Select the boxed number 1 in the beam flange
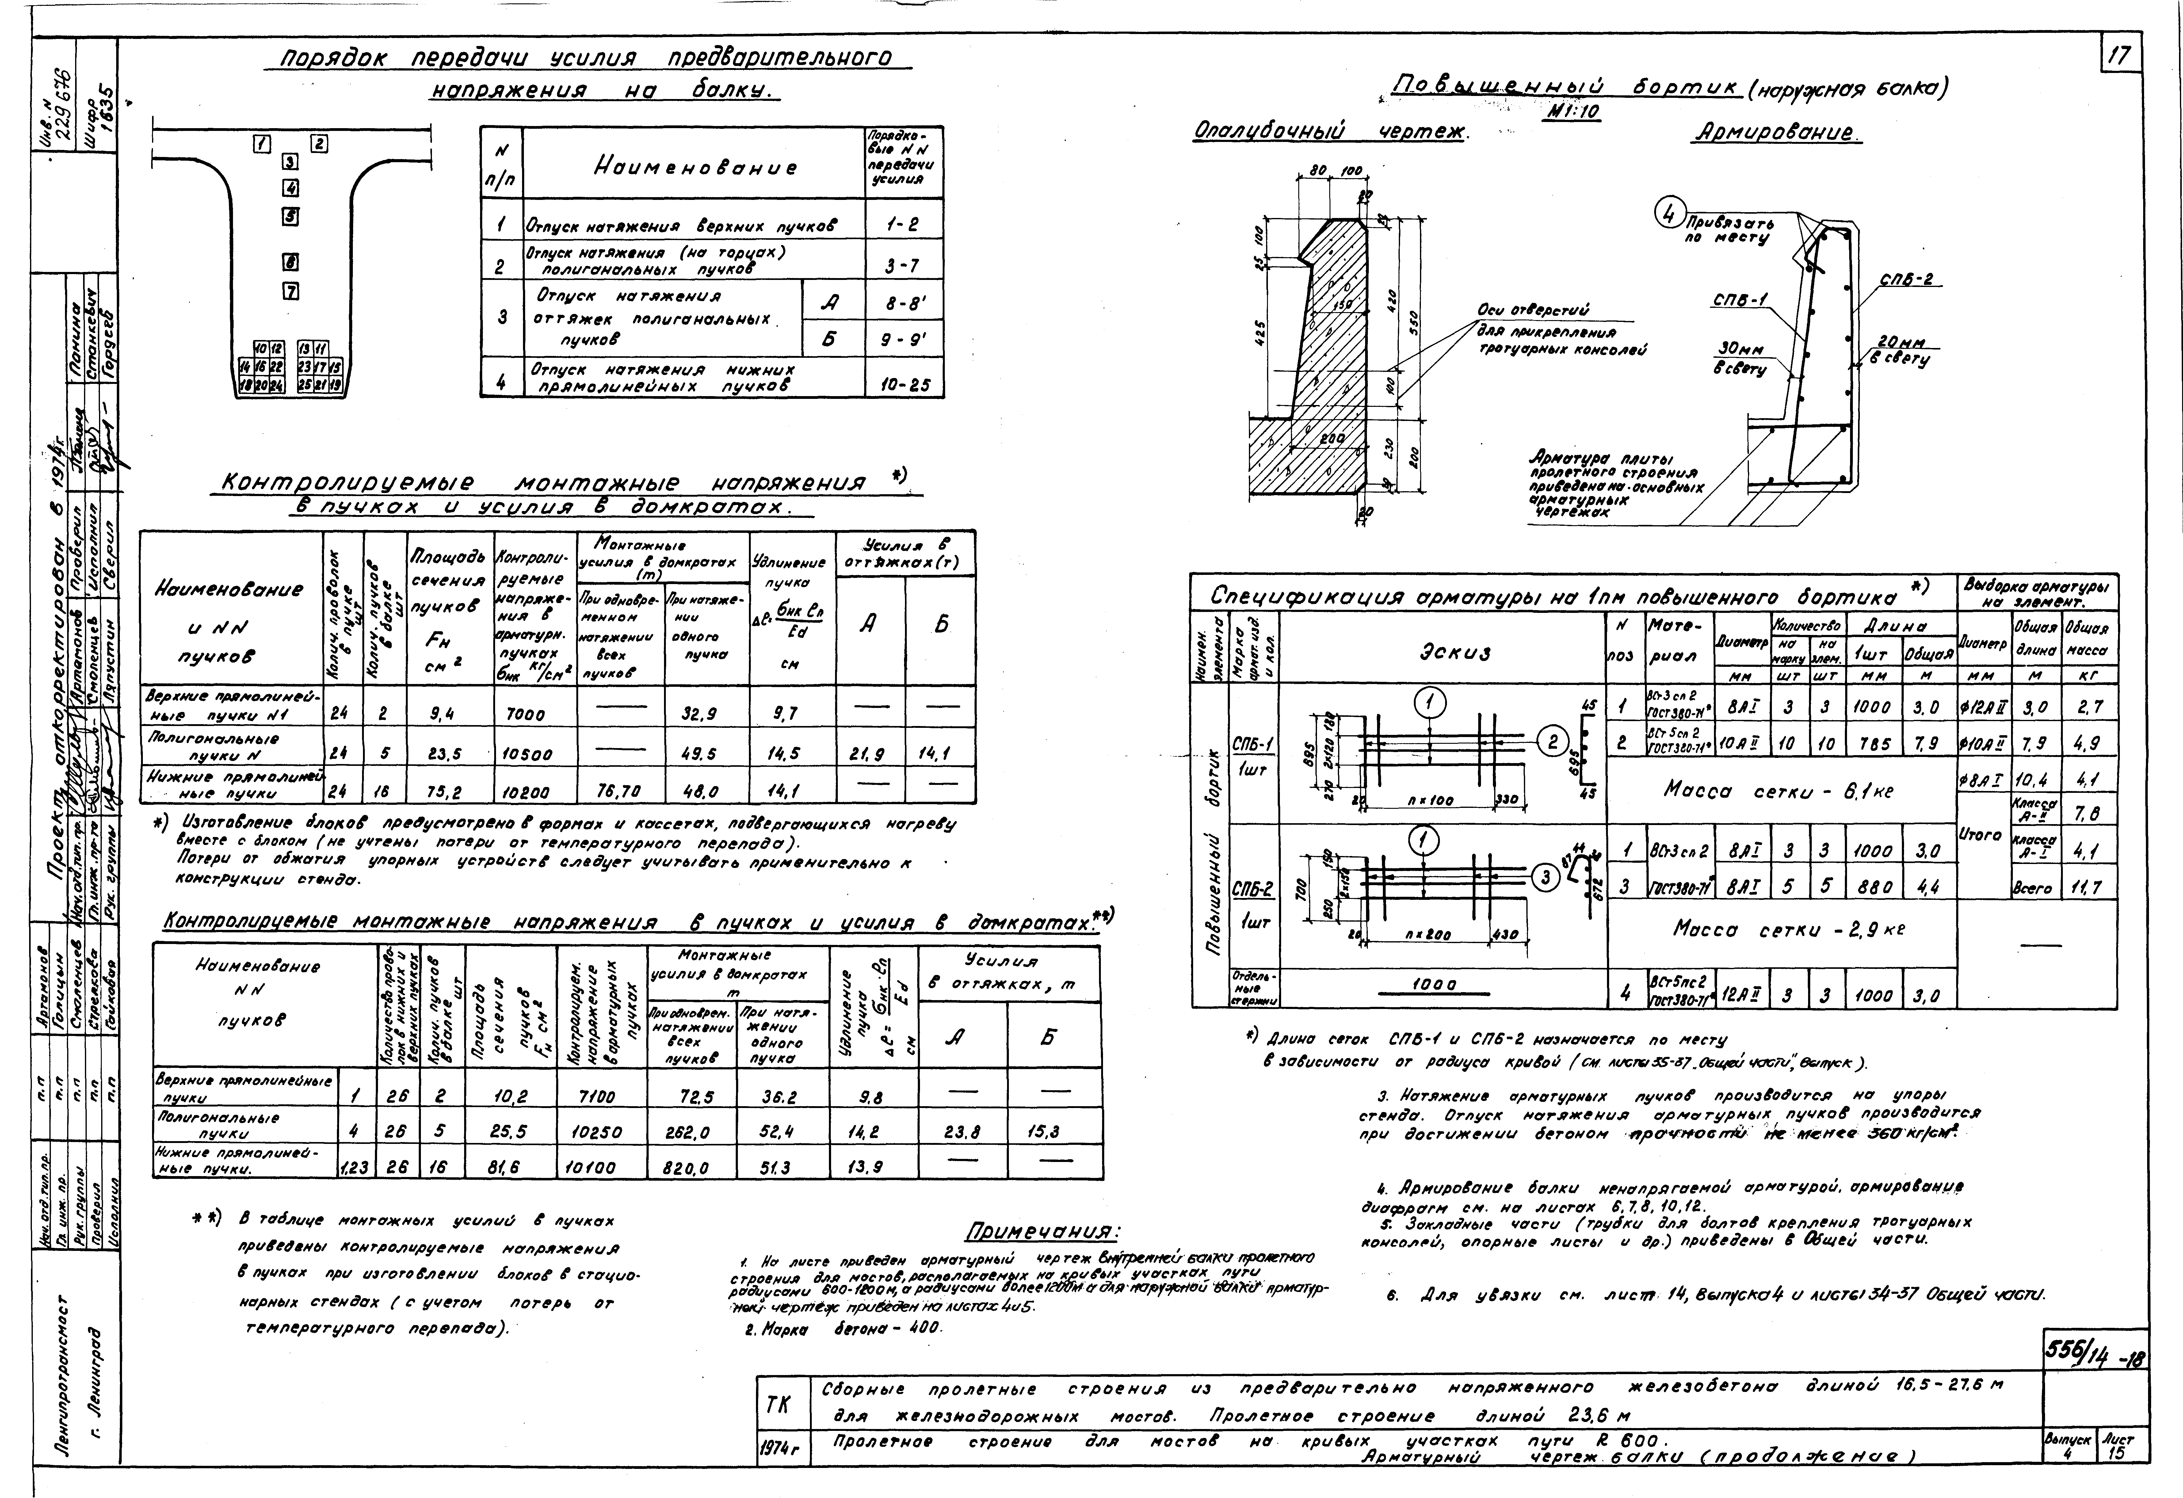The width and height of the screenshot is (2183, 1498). coord(263,144)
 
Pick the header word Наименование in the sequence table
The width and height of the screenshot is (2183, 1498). coord(695,167)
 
